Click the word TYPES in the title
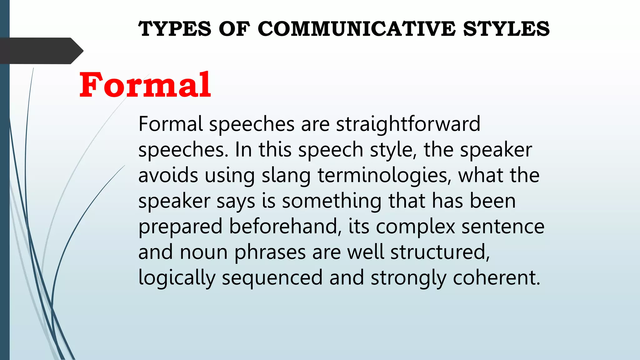pos(175,29)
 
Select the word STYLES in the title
pos(506,29)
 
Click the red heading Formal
pos(145,85)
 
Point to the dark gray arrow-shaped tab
pos(41,51)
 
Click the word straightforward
pos(408,124)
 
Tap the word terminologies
pos(384,175)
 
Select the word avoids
pos(168,175)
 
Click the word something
pos(332,201)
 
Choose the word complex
pos(415,227)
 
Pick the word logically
pos(177,278)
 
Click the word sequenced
pos(272,278)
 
